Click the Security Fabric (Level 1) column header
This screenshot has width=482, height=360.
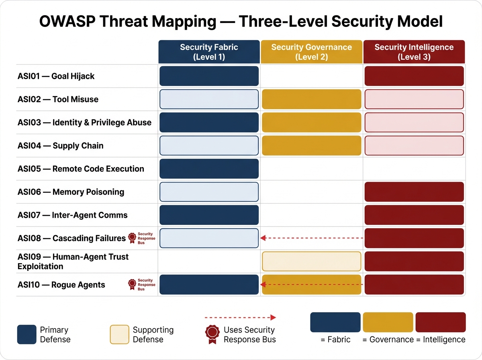click(209, 52)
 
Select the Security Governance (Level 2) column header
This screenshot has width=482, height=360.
click(311, 52)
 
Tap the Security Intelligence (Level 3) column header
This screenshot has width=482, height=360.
click(414, 52)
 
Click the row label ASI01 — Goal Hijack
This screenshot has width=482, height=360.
click(56, 76)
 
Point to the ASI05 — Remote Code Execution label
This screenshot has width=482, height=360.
click(81, 169)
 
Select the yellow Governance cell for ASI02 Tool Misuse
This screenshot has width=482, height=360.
click(311, 99)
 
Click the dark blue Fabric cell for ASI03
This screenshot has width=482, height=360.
click(209, 123)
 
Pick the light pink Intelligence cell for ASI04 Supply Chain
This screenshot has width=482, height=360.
click(414, 145)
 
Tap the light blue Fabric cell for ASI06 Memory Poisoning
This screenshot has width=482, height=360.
click(209, 192)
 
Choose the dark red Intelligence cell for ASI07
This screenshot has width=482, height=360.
click(414, 215)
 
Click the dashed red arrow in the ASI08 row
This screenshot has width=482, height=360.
click(311, 238)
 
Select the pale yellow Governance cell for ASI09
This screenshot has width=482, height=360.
click(311, 261)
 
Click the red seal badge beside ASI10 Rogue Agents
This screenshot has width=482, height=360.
click(132, 284)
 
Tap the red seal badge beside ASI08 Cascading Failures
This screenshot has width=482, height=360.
click(132, 238)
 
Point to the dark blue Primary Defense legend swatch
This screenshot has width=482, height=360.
click(27, 334)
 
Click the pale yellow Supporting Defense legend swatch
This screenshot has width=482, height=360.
click(119, 334)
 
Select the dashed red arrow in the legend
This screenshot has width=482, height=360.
click(240, 317)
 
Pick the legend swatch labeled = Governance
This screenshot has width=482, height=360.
click(388, 322)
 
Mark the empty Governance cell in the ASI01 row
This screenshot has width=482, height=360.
click(311, 76)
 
